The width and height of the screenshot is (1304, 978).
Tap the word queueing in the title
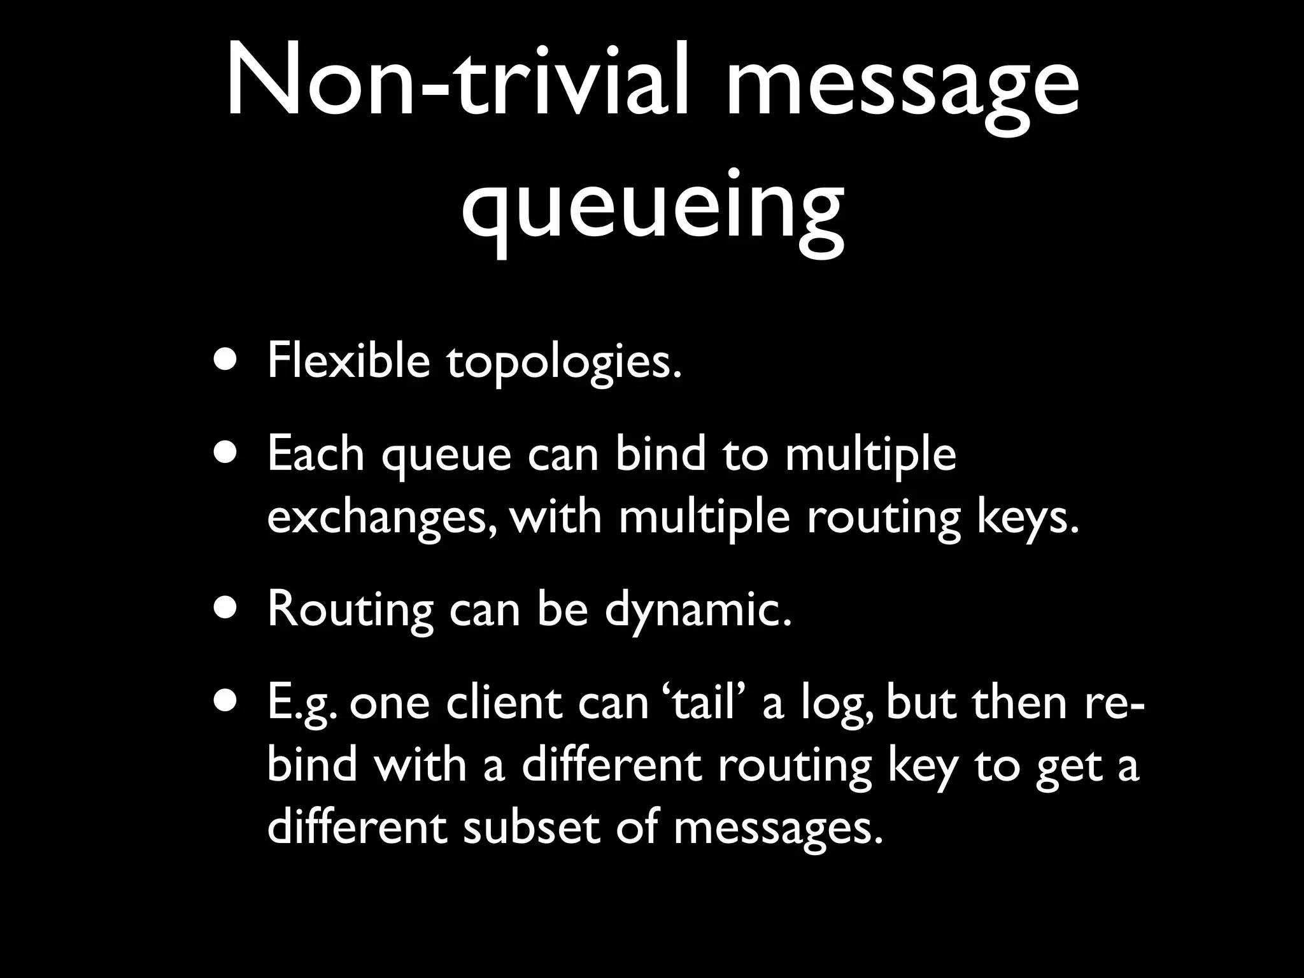[653, 207]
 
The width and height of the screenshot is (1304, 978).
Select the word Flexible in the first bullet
[348, 360]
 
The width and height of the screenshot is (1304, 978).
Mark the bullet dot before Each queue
[228, 454]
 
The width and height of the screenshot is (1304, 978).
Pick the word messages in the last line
[778, 830]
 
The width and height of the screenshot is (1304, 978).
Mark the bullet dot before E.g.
[228, 702]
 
